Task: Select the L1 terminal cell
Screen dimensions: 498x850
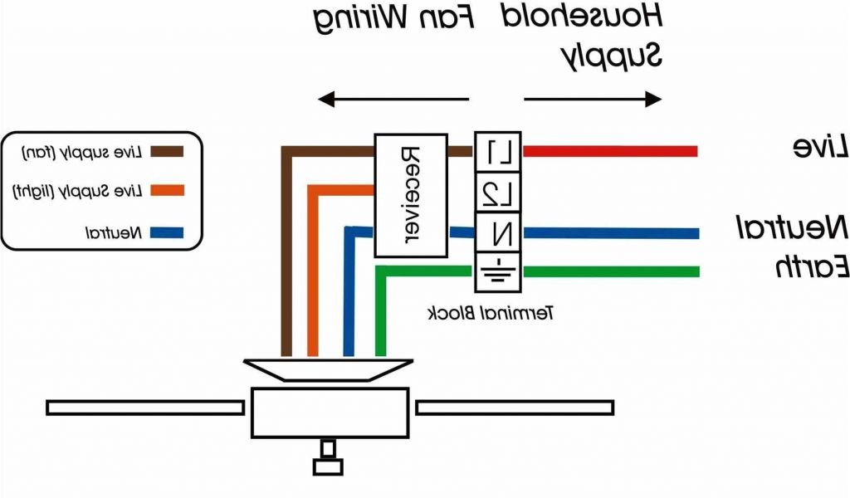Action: tap(497, 151)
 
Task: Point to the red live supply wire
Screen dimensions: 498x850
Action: tap(609, 151)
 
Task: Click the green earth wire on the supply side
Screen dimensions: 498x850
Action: tap(609, 271)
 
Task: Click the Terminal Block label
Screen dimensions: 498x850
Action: tap(491, 313)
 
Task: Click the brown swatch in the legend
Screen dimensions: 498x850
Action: tap(166, 152)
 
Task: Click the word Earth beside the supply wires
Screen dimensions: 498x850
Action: tap(811, 267)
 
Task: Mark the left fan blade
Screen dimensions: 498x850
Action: tap(148, 408)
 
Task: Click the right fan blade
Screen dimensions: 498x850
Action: tap(515, 408)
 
